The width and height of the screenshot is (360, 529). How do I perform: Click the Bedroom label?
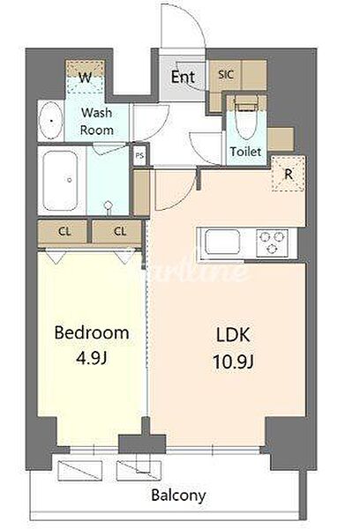coord(92,333)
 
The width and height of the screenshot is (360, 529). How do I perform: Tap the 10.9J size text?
coord(233,362)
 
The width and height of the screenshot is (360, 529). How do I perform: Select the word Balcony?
coord(178,495)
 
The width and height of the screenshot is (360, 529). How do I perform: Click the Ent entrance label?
coord(183,77)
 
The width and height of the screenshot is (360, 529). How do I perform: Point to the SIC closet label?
coord(226,74)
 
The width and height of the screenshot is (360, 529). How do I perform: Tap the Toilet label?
coord(246,152)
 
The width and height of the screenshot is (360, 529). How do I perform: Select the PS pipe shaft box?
coord(139,156)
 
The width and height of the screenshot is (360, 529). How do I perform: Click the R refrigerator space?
coord(289,174)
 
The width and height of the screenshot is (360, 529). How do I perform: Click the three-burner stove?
coord(272,243)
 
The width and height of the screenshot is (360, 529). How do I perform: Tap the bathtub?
coord(60,181)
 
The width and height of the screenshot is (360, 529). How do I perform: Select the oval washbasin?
coord(50,120)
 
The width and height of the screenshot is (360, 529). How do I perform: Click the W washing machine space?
coord(85,77)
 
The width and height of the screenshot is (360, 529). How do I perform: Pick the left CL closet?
coord(64,232)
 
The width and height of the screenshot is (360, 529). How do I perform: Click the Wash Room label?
coord(96,121)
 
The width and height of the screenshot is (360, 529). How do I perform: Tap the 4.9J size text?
coord(92,359)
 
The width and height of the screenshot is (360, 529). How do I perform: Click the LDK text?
coord(233,335)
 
